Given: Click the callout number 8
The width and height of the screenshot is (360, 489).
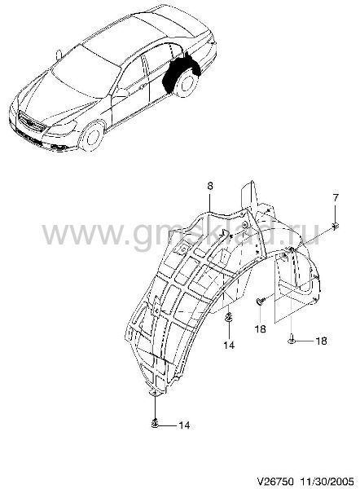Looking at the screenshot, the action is coord(210,186).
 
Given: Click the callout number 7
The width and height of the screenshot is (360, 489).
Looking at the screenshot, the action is coord(336,198).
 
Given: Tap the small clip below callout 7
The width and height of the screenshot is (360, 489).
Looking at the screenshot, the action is coord(336,226).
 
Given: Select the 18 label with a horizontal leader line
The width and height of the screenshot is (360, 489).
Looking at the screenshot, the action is coord(321,341).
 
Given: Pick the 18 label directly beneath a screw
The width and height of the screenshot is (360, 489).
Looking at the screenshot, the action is coord(261,328).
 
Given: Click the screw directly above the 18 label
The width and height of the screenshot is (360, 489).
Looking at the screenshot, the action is coord(261,301).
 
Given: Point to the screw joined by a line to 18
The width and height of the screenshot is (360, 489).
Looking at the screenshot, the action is coord(291,340).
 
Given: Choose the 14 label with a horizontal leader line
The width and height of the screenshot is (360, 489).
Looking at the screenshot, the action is coord(183,425).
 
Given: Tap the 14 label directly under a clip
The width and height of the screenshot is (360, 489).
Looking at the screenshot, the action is coord(229,346).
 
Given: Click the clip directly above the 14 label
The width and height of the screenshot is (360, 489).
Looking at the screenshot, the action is coord(229,318).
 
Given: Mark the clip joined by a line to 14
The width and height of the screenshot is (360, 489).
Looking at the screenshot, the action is coord(155,424).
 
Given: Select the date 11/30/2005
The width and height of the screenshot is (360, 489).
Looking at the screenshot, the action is coord(327,479).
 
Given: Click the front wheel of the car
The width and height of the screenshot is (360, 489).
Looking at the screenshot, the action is coord(91,136).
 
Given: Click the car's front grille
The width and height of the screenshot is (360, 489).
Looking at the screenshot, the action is coord(32,123).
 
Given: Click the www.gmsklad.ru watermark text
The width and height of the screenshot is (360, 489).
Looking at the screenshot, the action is coord(180,232).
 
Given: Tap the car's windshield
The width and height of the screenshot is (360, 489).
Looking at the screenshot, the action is coord(85,72).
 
